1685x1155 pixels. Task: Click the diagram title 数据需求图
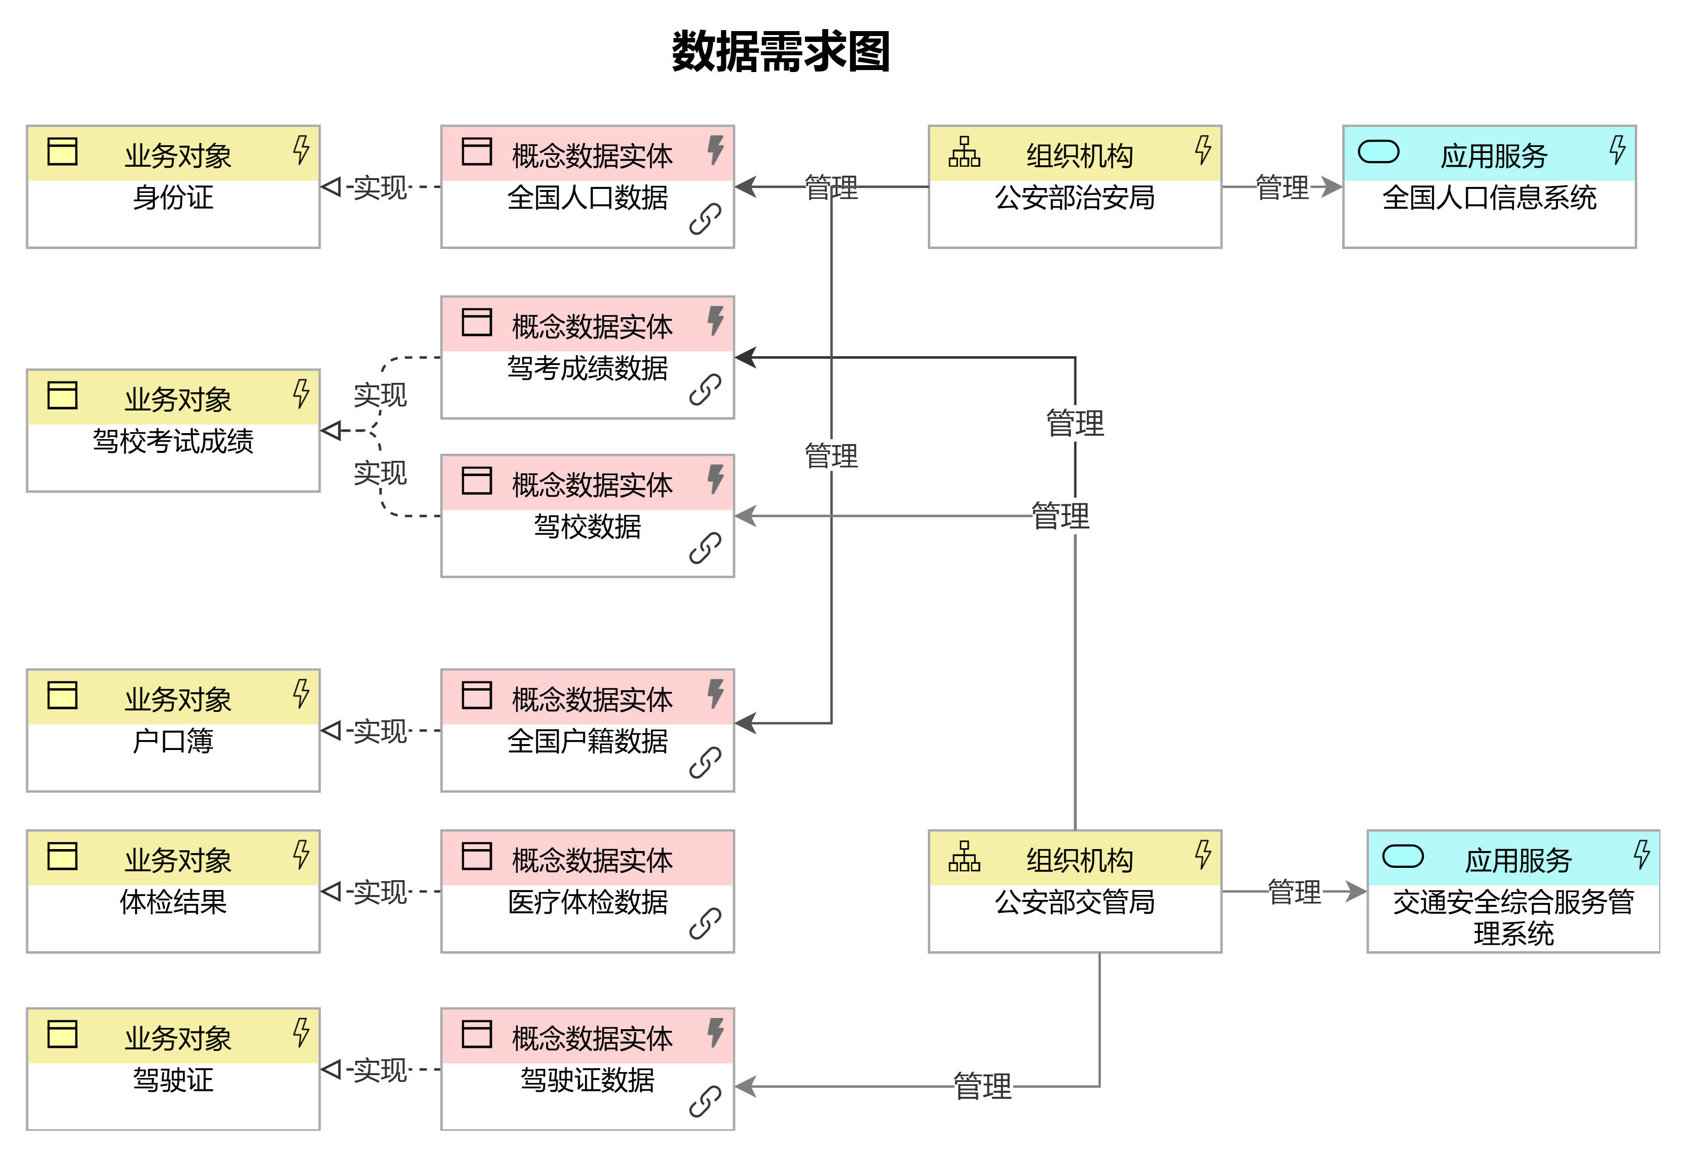[780, 52]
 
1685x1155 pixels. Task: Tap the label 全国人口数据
[587, 197]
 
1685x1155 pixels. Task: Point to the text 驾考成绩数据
[587, 369]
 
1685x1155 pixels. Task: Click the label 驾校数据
[587, 526]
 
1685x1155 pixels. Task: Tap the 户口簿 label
[173, 741]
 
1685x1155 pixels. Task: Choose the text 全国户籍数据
[587, 741]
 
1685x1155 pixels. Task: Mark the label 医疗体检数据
[587, 902]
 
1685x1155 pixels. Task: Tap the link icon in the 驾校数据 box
[705, 548]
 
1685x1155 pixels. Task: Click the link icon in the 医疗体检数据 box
[705, 924]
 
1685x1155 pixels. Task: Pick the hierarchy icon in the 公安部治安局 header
[964, 152]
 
